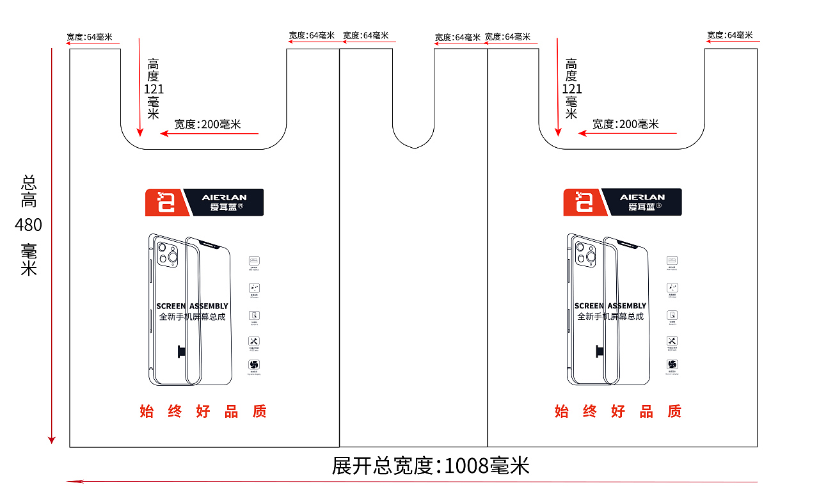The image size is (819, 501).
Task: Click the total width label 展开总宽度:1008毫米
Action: [x=431, y=466]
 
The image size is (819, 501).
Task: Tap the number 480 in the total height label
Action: [x=29, y=225]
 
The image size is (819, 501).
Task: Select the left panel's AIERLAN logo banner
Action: [x=204, y=202]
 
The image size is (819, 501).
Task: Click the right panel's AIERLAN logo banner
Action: [x=623, y=202]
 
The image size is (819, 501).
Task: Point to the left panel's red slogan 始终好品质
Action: [x=203, y=411]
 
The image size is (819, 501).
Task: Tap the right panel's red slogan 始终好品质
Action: [x=618, y=411]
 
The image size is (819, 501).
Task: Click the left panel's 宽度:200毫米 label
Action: [x=208, y=124]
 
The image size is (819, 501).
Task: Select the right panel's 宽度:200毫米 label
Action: [x=626, y=124]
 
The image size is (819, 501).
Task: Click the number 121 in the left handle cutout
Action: [x=154, y=90]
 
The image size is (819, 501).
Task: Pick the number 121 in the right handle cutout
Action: [x=571, y=90]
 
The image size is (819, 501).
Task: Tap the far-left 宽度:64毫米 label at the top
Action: [x=89, y=36]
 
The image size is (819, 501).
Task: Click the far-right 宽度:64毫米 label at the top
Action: [x=730, y=35]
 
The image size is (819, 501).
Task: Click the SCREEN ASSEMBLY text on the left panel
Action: [x=192, y=306]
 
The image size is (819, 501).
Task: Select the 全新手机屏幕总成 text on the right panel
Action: [x=610, y=316]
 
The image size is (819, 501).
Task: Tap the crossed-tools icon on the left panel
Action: [x=254, y=341]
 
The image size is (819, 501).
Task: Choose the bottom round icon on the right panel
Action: [x=672, y=365]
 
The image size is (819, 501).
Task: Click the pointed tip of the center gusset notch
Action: [x=415, y=148]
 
